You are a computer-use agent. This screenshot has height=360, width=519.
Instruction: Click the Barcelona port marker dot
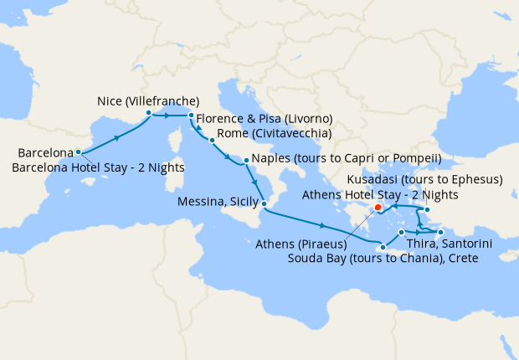coord(78,152)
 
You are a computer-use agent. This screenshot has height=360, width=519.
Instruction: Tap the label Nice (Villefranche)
coord(147,100)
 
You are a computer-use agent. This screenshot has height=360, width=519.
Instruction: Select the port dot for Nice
coord(148,112)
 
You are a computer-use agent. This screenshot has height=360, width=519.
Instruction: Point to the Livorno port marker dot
coord(191,116)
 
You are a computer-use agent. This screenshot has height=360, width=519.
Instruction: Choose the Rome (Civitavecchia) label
coord(274,133)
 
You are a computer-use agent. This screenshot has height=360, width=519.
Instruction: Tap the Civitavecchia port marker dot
coord(212,140)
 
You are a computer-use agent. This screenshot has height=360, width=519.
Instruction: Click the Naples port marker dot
coord(246,160)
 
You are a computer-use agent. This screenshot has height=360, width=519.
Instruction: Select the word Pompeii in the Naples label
coord(415,159)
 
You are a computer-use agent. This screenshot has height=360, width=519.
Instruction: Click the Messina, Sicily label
coord(217,202)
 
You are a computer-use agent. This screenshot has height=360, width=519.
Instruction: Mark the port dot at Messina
coord(264,204)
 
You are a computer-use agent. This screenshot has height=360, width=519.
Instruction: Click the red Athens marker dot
coord(378,207)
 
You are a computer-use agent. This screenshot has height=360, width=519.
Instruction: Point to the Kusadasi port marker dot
coord(427,210)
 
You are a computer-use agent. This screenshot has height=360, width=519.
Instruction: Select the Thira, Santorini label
coord(448,244)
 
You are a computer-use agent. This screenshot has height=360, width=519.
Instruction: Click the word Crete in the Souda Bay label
coord(462,259)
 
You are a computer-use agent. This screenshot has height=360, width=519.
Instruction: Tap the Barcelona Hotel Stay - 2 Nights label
coord(99,167)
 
